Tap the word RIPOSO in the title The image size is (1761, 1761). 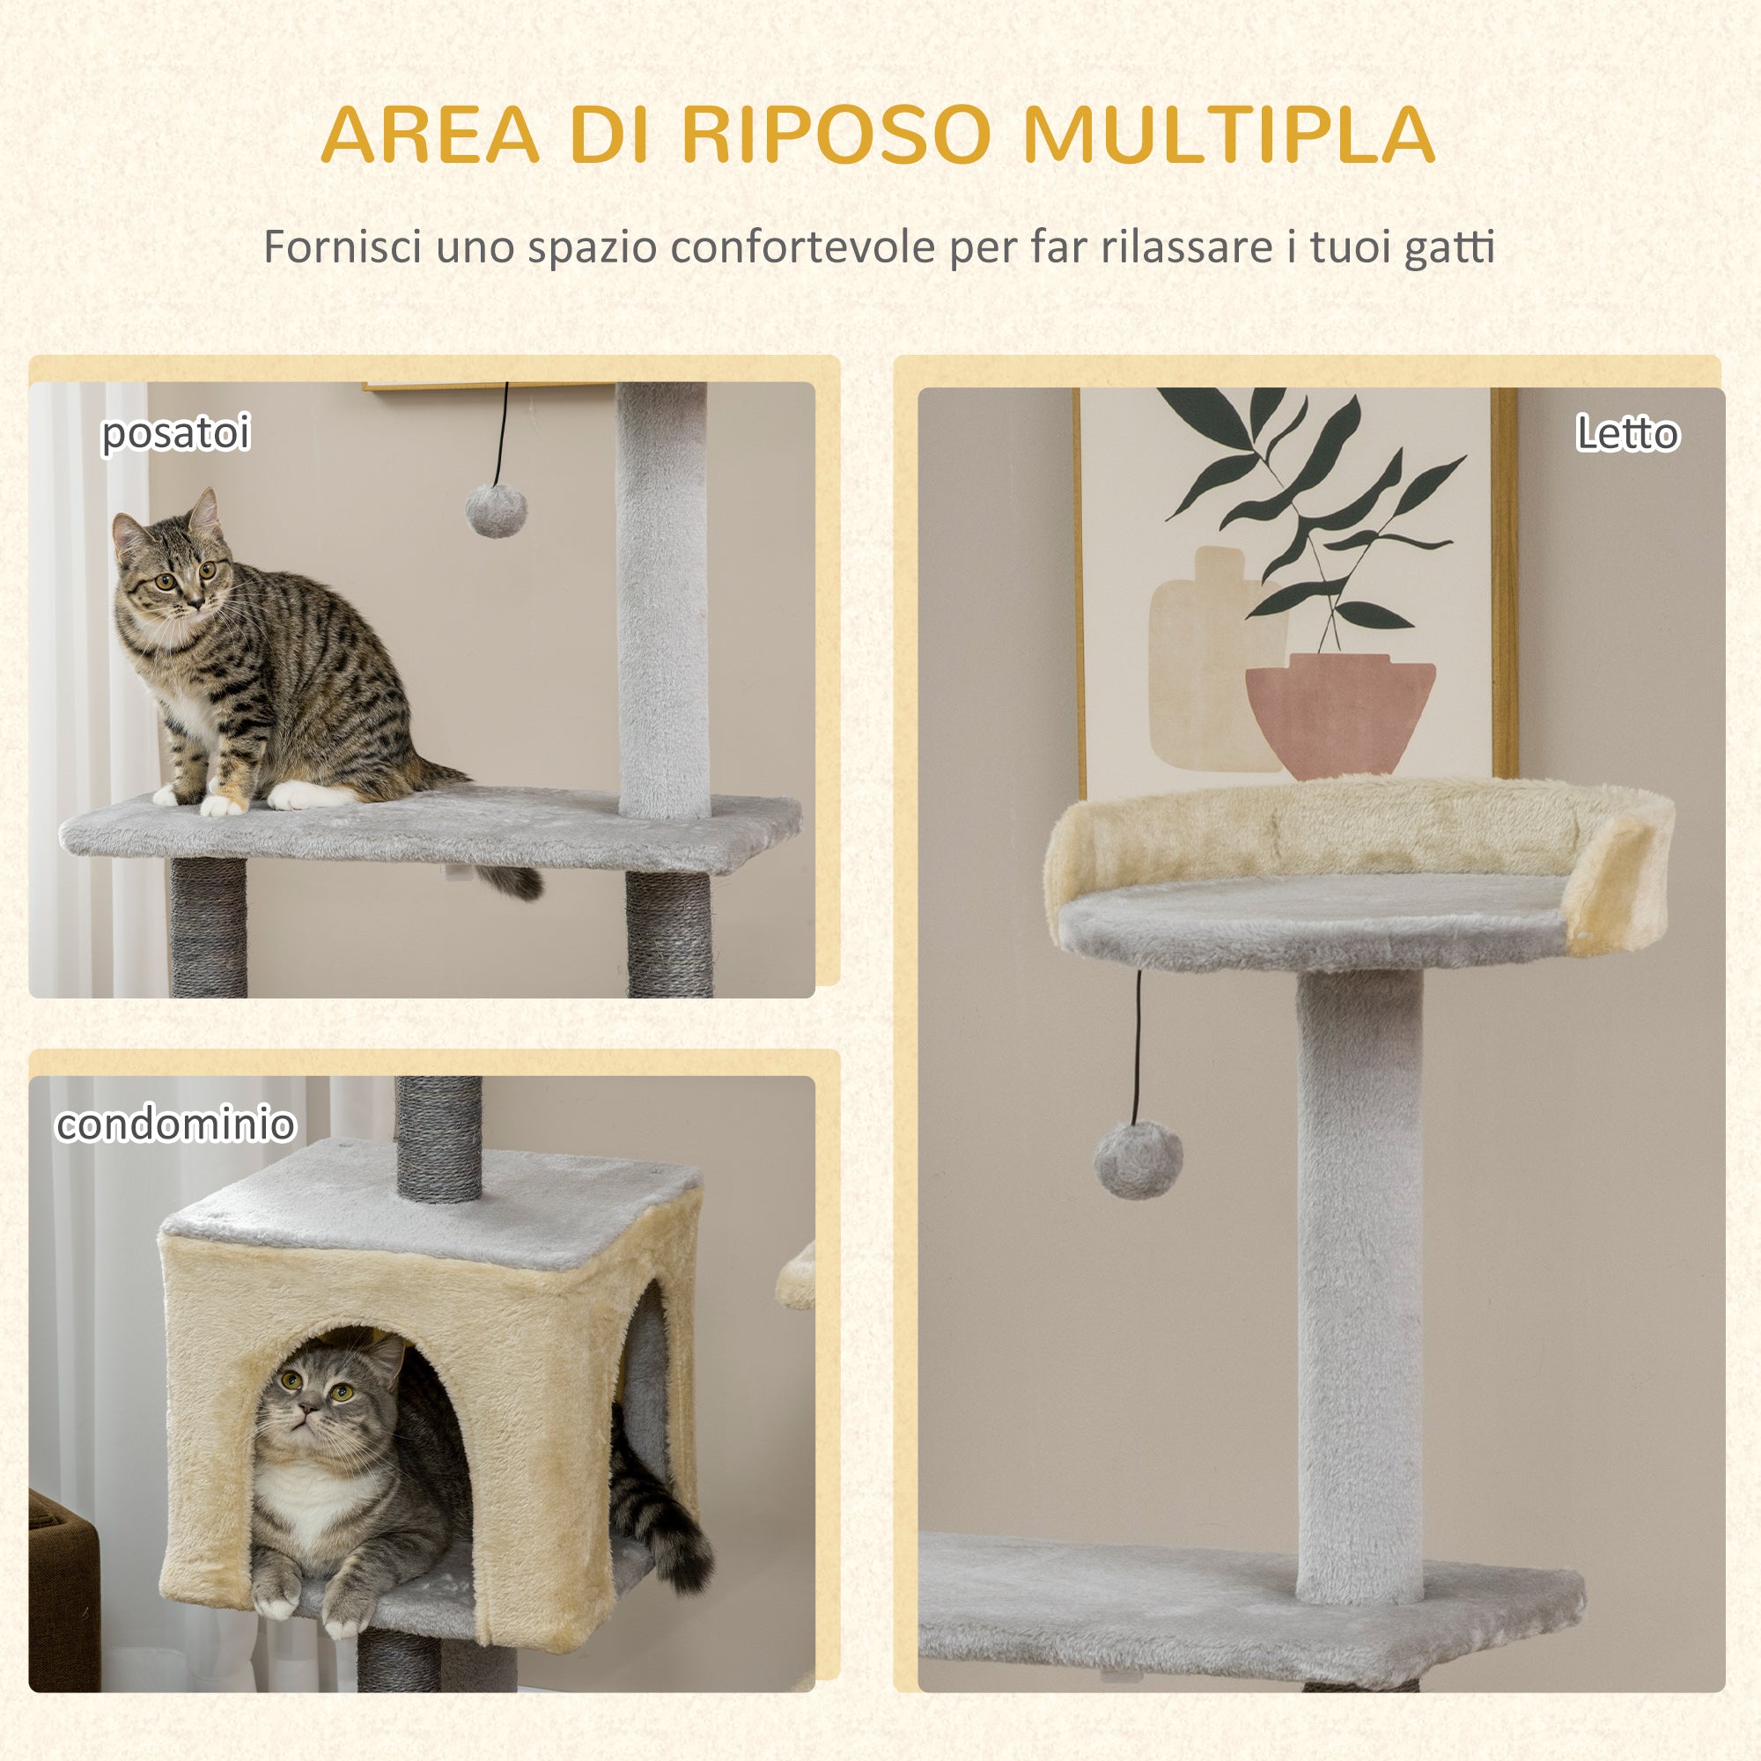(835, 135)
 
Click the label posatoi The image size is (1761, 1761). (175, 432)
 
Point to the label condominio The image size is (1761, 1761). (175, 1124)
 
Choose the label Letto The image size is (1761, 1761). (1627, 433)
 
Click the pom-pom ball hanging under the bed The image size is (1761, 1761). (1138, 1160)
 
